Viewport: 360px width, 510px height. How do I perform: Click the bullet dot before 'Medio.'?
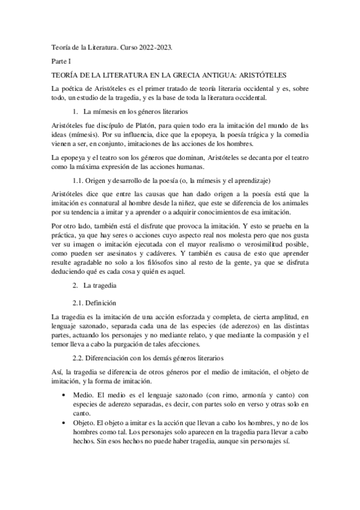point(65,395)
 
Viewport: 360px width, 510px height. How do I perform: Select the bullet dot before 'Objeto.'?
point(65,423)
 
